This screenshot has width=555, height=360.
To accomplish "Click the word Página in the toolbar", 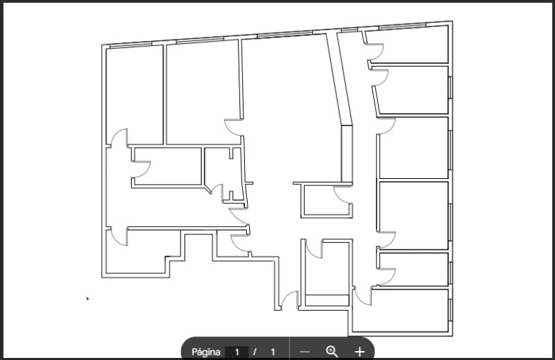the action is click(205, 352).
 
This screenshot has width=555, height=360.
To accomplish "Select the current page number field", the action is click(237, 352).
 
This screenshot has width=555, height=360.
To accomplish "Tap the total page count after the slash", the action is click(273, 352).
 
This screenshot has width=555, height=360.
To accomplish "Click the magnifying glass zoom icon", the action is click(332, 351).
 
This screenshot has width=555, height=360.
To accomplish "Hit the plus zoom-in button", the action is click(359, 352).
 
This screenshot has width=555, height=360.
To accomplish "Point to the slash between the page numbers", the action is click(255, 352).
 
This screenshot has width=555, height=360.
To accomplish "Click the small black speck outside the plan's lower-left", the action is click(87, 299).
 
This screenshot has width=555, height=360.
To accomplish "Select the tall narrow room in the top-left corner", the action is click(135, 95).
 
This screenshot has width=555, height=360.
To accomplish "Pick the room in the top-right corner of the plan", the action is click(407, 45).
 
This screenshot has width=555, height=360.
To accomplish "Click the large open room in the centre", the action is click(290, 117).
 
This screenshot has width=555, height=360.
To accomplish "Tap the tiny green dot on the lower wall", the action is click(274, 262).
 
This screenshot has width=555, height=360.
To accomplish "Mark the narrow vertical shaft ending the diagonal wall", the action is click(346, 153).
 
